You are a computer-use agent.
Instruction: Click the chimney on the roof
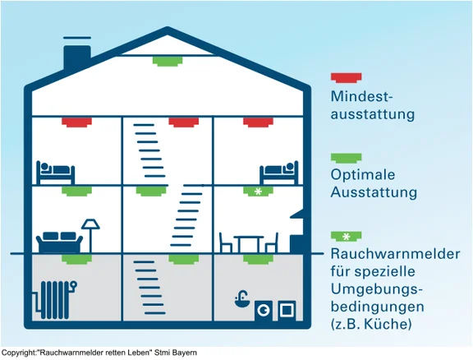point(77,58)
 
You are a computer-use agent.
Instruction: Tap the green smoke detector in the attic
point(168,61)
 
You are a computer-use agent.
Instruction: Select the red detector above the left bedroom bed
point(76,122)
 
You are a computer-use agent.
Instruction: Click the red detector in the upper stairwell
point(183,122)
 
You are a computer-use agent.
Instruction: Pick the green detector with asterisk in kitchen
point(258,192)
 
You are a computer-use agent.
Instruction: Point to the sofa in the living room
point(59,242)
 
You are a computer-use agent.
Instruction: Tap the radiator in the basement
point(56,300)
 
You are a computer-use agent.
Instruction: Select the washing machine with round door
point(264,311)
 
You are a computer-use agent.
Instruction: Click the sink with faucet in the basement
point(242,299)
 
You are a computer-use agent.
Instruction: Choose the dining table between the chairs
point(249,244)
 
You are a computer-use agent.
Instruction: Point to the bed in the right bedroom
point(279,172)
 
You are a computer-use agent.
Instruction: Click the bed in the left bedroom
point(56,172)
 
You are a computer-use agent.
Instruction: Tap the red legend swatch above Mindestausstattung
point(346,77)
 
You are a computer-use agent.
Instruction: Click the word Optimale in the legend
point(363,174)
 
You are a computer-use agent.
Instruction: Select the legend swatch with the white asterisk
point(346,237)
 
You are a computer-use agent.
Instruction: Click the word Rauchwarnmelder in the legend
point(395,254)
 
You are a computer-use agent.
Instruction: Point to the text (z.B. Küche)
point(371,325)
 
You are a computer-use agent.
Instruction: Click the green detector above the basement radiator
point(76,259)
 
